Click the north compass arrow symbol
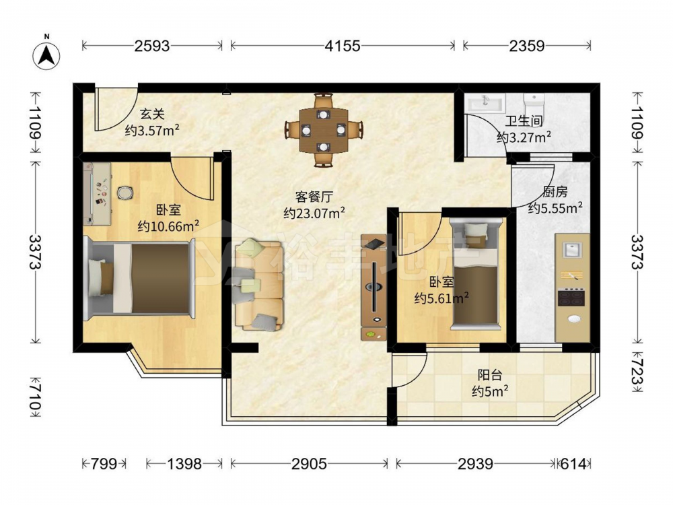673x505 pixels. click(47, 55)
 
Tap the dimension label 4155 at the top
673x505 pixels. click(342, 46)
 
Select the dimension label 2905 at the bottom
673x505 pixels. click(309, 464)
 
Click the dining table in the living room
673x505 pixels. click(323, 130)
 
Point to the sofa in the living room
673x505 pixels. click(258, 285)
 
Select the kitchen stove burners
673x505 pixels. click(571, 297)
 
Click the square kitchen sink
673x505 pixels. click(571, 250)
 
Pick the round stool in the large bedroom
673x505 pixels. click(125, 193)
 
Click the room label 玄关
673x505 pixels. click(152, 114)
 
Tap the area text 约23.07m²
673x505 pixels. click(314, 213)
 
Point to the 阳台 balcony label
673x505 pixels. click(490, 375)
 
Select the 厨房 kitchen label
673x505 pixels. click(555, 192)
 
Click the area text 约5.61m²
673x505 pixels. click(441, 298)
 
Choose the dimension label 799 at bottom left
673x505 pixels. click(104, 464)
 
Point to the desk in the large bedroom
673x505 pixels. click(98, 194)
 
